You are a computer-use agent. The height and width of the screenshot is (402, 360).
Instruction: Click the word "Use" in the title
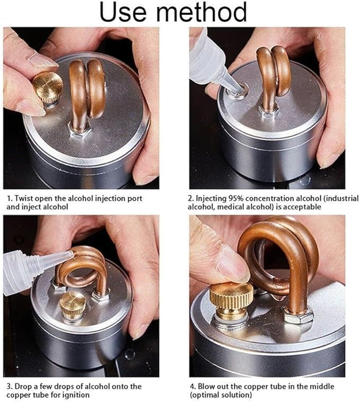(x=122, y=12)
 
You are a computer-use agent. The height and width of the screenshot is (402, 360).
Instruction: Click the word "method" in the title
(x=201, y=12)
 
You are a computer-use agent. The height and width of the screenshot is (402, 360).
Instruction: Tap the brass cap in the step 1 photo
(x=48, y=88)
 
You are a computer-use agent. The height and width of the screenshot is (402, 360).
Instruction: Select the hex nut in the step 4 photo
(x=298, y=315)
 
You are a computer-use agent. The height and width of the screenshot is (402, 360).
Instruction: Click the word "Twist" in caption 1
(x=24, y=199)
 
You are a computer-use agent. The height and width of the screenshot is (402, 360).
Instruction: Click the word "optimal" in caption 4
(x=206, y=395)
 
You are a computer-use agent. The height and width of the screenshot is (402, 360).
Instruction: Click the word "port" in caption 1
(x=135, y=199)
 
